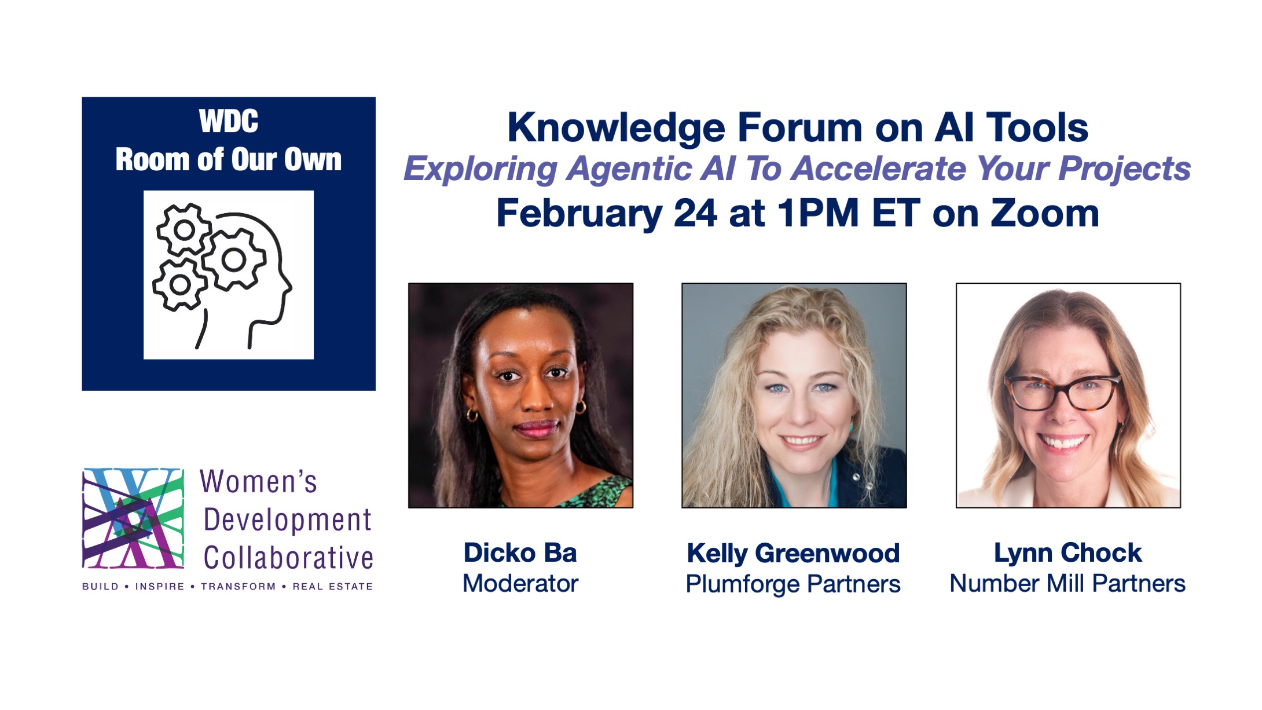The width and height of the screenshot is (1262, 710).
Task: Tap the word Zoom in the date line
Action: [1045, 213]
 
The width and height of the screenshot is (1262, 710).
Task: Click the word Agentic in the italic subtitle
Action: [629, 169]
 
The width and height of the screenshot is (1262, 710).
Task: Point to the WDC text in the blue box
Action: [229, 122]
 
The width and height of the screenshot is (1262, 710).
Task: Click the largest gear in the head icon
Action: [233, 259]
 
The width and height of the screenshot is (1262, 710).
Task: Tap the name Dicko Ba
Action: [520, 552]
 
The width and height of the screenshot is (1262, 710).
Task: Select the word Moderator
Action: [520, 583]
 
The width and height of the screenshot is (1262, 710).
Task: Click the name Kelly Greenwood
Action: [793, 553]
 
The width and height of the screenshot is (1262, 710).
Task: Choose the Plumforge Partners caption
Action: [793, 584]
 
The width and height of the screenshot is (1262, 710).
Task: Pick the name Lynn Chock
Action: [1067, 552]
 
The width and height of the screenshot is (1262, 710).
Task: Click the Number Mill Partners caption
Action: [1067, 583]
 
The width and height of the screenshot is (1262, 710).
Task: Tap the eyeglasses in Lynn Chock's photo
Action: [1062, 392]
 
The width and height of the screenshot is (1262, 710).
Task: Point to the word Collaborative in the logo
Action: [288, 558]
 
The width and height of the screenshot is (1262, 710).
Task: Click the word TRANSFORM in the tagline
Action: [238, 587]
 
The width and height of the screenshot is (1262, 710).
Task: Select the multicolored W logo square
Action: [133, 518]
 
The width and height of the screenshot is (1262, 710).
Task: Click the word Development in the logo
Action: [287, 519]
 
